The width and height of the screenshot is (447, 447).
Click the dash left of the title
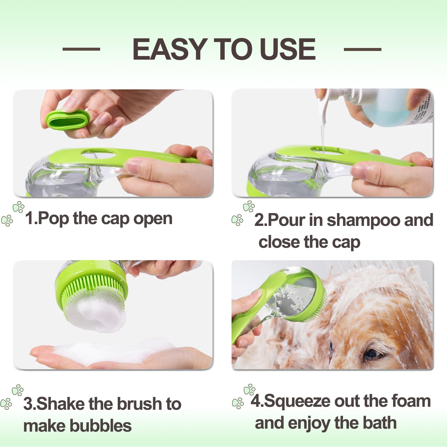[x=81, y=49]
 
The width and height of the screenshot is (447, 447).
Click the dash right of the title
[x=362, y=49]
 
